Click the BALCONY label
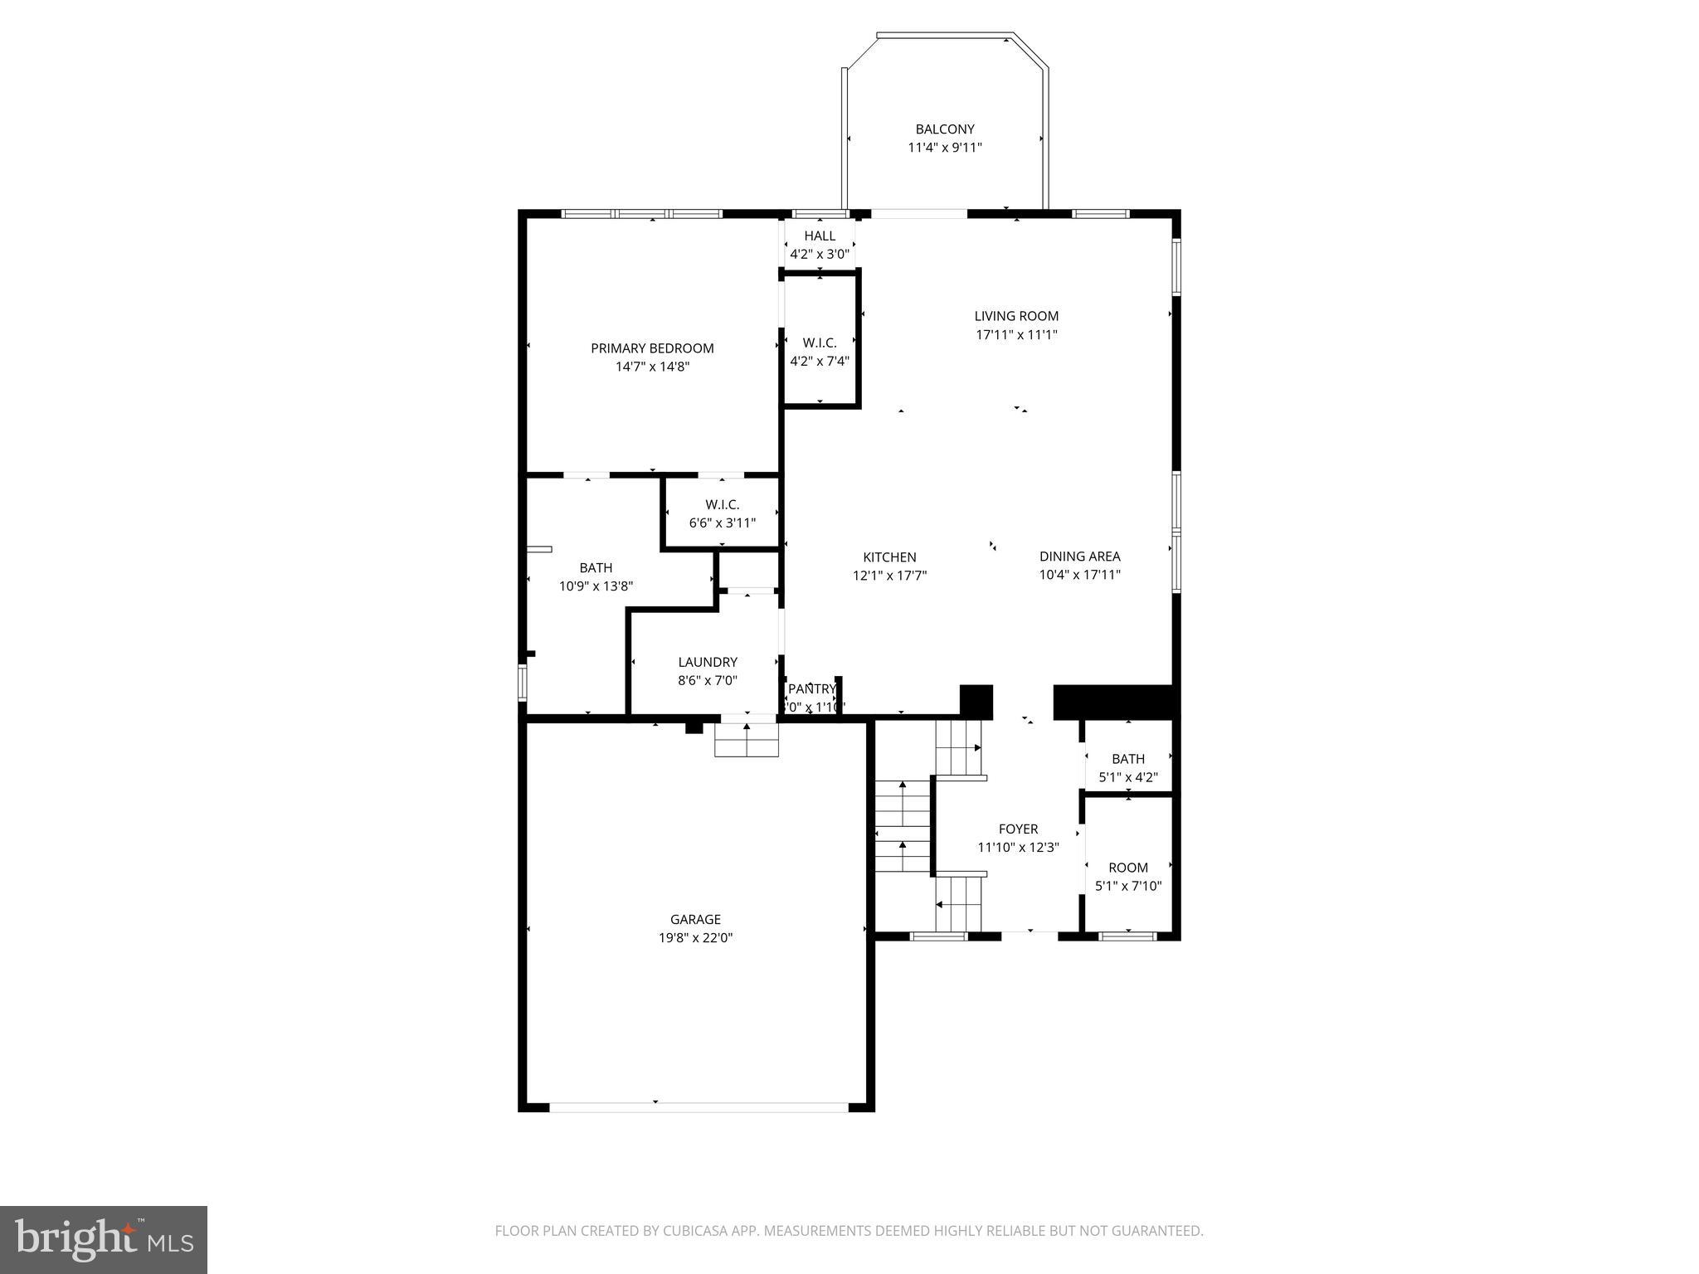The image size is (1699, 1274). [x=944, y=129]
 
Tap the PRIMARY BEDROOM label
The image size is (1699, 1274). [x=652, y=348]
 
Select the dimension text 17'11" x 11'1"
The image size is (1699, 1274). [x=1016, y=335]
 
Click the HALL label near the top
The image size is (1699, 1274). [x=820, y=236]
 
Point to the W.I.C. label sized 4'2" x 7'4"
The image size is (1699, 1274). [x=820, y=343]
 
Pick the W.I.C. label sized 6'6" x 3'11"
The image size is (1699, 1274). [x=722, y=504]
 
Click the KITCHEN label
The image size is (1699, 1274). [x=889, y=557]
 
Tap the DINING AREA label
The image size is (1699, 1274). [x=1079, y=557]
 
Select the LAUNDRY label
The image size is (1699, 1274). [x=707, y=662]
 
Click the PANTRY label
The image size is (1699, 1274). [x=811, y=689]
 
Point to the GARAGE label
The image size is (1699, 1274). [x=695, y=919]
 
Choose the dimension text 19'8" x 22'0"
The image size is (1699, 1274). [x=695, y=938]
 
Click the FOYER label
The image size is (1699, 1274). [x=1018, y=829]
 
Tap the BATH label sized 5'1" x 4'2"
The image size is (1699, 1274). [x=1127, y=759]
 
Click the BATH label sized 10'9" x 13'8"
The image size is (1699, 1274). [x=596, y=568]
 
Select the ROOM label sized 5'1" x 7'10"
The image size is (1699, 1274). [x=1127, y=868]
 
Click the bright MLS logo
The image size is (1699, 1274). [x=104, y=1239]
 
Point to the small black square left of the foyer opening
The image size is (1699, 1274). [x=976, y=701]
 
